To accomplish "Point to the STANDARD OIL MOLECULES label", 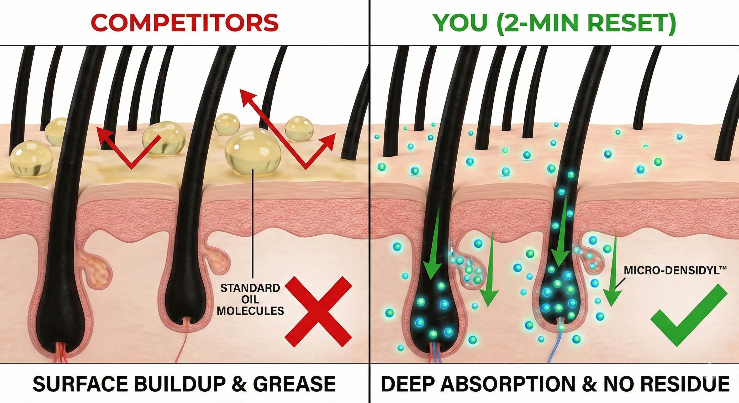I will coord(250,299).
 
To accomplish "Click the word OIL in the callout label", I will coord(250,299).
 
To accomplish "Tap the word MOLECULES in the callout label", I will coord(250,311).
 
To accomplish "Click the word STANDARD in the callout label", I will coord(250,288).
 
